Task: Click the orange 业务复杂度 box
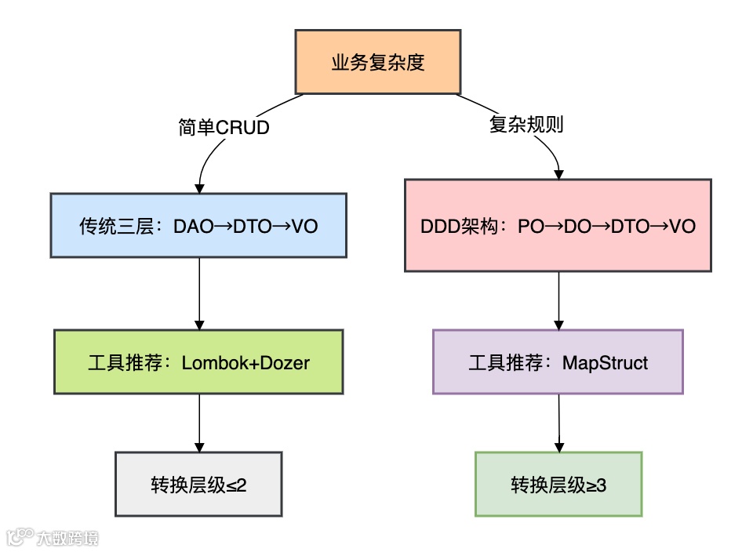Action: (x=378, y=62)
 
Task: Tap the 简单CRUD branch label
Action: (x=224, y=127)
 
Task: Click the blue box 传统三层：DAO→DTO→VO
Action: (x=198, y=226)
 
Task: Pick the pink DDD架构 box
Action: (x=558, y=226)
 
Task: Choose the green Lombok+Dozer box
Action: (x=198, y=362)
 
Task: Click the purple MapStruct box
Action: (x=558, y=362)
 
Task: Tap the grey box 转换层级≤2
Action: (x=198, y=485)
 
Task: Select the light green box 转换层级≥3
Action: (x=558, y=485)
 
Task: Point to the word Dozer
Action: (x=287, y=363)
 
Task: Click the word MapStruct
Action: (x=605, y=363)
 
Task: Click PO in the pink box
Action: (x=529, y=227)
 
